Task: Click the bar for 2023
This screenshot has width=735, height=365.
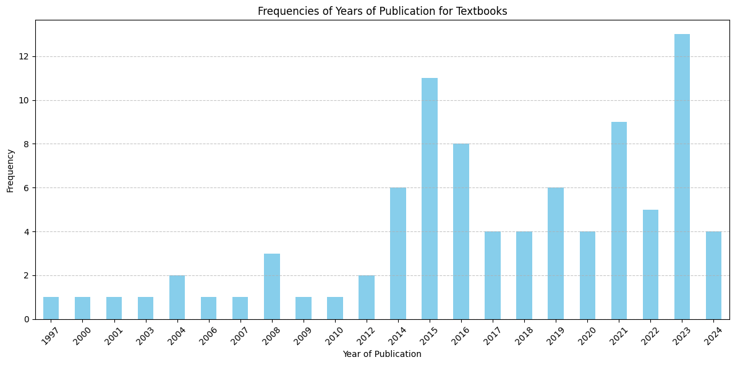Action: pos(682,176)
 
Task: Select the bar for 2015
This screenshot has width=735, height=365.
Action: pos(430,199)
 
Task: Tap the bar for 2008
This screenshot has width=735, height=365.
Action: pos(272,286)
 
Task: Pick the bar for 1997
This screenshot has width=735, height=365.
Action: pos(51,308)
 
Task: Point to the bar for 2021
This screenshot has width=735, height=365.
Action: pos(619,220)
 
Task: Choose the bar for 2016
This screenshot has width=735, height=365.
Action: pos(461,231)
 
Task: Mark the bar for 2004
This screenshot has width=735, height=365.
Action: pos(177,298)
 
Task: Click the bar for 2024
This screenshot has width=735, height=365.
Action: pos(713,275)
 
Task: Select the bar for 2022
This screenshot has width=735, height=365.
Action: pos(650,264)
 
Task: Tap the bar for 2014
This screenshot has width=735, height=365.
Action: pos(398,254)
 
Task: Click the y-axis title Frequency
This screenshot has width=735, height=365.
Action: pos(11,170)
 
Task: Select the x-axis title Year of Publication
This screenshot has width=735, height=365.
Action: pos(382,354)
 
